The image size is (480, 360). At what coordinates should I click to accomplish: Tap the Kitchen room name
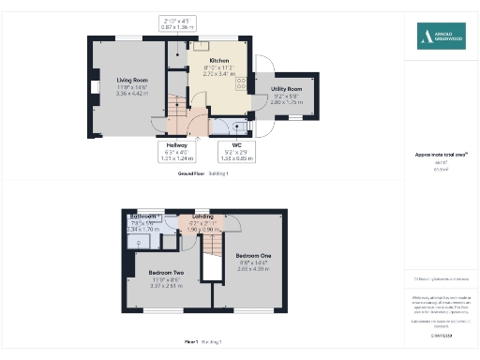(x=207, y=59)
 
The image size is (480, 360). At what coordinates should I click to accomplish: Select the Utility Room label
(x=287, y=88)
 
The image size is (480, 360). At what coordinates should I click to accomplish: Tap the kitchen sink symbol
(x=202, y=44)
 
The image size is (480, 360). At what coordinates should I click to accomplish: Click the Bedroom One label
(x=253, y=256)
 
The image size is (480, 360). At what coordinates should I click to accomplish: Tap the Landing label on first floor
(x=202, y=217)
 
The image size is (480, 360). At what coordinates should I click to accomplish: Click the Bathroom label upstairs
(x=142, y=217)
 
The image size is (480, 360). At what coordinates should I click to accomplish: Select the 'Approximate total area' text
(x=442, y=154)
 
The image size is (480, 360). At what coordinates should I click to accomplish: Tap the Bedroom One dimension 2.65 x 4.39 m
(x=253, y=269)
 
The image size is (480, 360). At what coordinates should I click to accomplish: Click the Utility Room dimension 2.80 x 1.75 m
(x=287, y=101)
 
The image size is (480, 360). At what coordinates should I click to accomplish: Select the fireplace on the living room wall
(x=94, y=88)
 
